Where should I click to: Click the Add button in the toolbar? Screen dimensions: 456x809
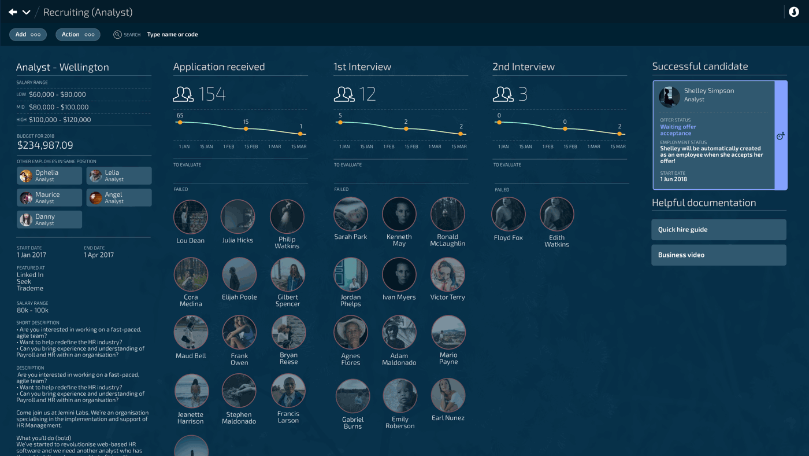click(28, 35)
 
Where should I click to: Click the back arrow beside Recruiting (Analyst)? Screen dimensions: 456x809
click(13, 12)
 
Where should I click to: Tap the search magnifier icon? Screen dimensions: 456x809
click(117, 35)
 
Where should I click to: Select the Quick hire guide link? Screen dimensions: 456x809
click(718, 230)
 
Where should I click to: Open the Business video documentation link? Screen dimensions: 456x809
click(718, 255)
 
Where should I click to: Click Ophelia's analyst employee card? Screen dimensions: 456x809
click(49, 176)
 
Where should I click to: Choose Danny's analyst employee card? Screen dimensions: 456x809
click(49, 220)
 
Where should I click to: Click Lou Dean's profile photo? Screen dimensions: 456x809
click(190, 217)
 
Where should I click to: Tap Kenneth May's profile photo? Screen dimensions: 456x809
click(399, 214)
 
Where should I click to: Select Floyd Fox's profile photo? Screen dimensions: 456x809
click(508, 214)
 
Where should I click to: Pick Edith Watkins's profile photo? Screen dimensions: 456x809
click(556, 214)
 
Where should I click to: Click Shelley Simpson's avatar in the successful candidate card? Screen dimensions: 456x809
click(670, 97)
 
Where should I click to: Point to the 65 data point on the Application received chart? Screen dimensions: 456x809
click(180, 122)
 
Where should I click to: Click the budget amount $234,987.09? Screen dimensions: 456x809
click(45, 145)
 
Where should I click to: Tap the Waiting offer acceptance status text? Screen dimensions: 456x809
click(678, 130)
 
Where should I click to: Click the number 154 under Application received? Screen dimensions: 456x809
click(211, 94)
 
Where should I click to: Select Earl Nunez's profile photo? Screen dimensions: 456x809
click(448, 395)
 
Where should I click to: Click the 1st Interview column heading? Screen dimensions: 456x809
click(362, 67)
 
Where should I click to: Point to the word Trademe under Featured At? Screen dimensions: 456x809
click(30, 288)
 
